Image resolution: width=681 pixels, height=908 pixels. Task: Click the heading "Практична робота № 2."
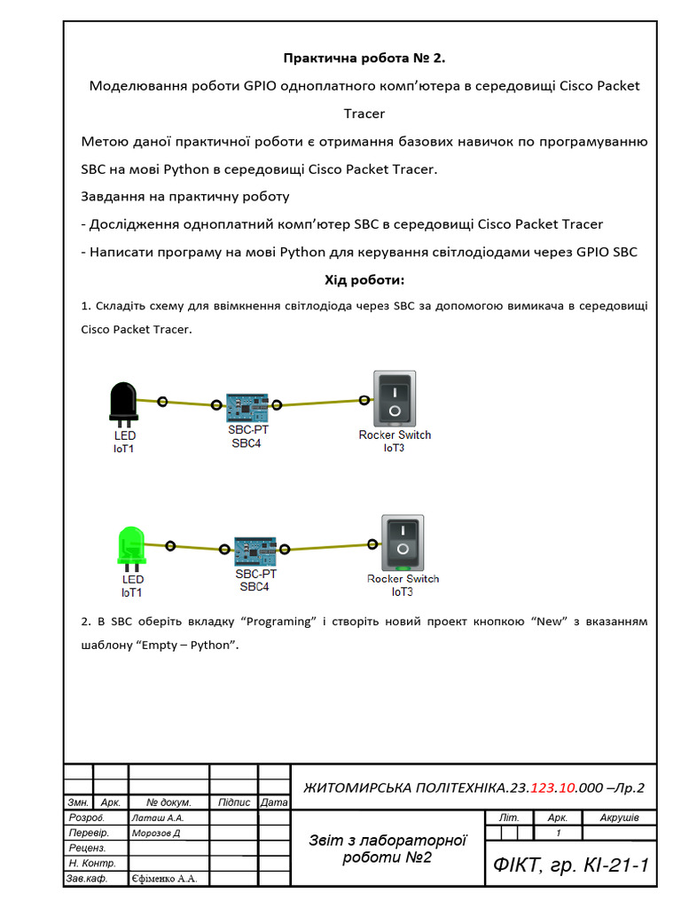[364, 59]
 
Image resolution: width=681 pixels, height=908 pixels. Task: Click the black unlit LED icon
[122, 403]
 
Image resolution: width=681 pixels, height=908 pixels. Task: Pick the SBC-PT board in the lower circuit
[255, 552]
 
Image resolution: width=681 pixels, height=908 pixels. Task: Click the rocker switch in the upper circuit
[394, 398]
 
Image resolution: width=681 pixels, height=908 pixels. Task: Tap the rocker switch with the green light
[403, 542]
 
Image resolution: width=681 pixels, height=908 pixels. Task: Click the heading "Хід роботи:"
[364, 280]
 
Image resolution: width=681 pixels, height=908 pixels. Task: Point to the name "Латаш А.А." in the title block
[157, 818]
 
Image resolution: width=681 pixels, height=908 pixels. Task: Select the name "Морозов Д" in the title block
[156, 834]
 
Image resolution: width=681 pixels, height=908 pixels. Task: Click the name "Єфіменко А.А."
[164, 879]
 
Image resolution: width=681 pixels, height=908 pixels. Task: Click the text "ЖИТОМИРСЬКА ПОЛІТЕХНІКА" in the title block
[405, 787]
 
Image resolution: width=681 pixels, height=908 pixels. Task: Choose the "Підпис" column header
[233, 802]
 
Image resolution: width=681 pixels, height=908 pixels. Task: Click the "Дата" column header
[275, 802]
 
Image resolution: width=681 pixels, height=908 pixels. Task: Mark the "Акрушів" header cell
[620, 818]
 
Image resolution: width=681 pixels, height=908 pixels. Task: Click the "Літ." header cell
[509, 818]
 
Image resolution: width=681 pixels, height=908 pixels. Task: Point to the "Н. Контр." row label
[92, 864]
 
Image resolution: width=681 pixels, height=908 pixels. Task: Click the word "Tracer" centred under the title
[364, 113]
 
